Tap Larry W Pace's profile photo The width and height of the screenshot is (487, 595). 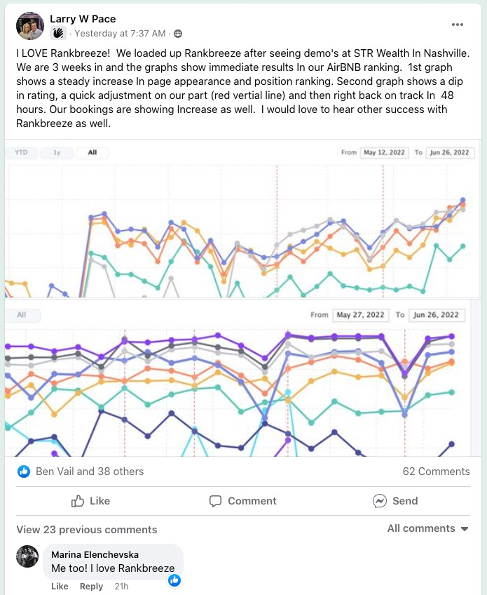(x=29, y=26)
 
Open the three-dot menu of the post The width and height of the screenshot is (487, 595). (x=458, y=25)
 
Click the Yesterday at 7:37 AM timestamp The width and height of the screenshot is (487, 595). (x=120, y=33)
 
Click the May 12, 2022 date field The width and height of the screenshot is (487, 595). (x=385, y=152)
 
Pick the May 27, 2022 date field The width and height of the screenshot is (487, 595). (x=360, y=315)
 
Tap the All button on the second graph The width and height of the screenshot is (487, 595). (x=22, y=315)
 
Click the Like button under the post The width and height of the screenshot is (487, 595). (x=91, y=501)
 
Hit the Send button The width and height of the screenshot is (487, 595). (x=395, y=501)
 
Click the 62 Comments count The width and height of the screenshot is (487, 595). (x=436, y=472)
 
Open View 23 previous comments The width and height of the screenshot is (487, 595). (x=87, y=530)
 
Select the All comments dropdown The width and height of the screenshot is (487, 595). (x=427, y=528)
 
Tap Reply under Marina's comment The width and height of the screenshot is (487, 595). (x=91, y=587)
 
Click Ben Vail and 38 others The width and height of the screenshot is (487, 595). (x=90, y=472)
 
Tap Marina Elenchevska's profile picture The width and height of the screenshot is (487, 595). (x=27, y=556)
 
